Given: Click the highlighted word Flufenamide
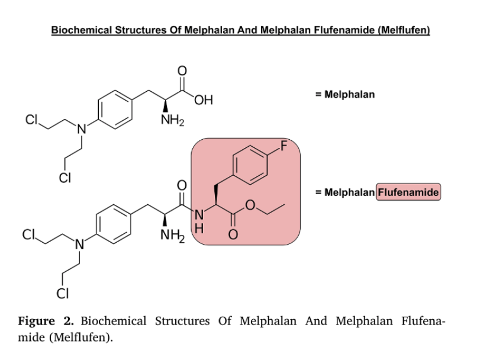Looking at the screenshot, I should click(408, 192).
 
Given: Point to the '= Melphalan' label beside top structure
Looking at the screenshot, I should click(345, 94).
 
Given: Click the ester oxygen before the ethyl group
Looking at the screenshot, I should click(249, 205).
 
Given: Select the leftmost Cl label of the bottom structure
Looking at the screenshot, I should click(28, 234).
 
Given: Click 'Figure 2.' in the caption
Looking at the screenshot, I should click(45, 322).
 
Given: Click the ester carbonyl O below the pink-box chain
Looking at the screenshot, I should click(233, 236).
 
